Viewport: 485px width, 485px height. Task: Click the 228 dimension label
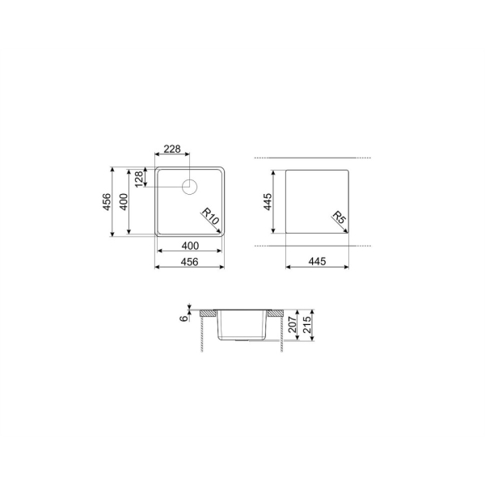pyautogui.click(x=172, y=149)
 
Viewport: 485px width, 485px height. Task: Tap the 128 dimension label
pyautogui.click(x=139, y=179)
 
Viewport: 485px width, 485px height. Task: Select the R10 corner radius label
pyautogui.click(x=211, y=216)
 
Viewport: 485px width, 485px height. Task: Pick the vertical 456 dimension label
pyautogui.click(x=107, y=201)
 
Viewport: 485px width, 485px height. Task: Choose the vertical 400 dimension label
pyautogui.click(x=124, y=201)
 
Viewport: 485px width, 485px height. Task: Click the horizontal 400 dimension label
pyautogui.click(x=190, y=246)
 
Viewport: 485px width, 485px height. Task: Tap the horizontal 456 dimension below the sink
pyautogui.click(x=189, y=262)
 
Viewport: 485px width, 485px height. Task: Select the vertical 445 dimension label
pyautogui.click(x=268, y=201)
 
